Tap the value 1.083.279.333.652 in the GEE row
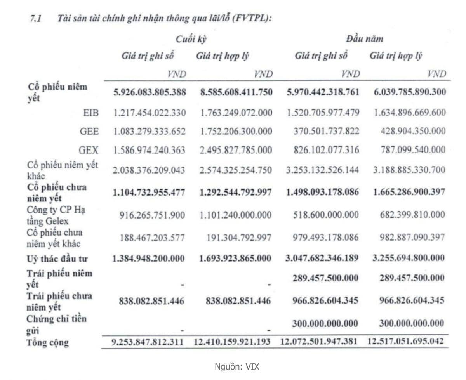(150, 131)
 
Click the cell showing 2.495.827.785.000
(236, 149)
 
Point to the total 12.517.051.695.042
(406, 342)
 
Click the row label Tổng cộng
(48, 342)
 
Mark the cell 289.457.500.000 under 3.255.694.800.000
(409, 278)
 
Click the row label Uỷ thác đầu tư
(57, 258)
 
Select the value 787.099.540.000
(413, 149)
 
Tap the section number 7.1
(36, 18)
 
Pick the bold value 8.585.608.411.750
(236, 92)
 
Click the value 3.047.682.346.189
(322, 258)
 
